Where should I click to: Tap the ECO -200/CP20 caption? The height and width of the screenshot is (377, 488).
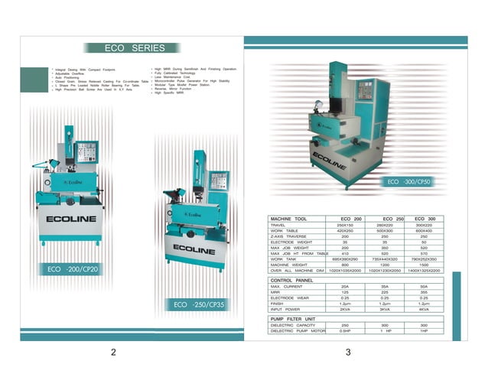click(73, 269)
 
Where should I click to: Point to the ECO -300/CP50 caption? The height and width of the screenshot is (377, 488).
click(409, 182)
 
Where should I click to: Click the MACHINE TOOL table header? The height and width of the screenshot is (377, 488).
click(289, 219)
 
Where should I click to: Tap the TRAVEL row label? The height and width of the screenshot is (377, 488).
click(278, 226)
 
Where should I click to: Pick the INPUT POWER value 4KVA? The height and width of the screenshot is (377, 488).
click(424, 310)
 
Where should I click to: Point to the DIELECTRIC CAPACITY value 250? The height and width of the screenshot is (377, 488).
click(344, 324)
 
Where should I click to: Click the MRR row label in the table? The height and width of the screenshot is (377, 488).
click(275, 292)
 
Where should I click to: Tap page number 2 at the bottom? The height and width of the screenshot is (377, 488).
click(113, 353)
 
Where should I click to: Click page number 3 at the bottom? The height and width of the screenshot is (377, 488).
click(348, 353)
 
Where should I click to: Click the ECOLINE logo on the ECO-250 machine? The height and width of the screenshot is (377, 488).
click(194, 249)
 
